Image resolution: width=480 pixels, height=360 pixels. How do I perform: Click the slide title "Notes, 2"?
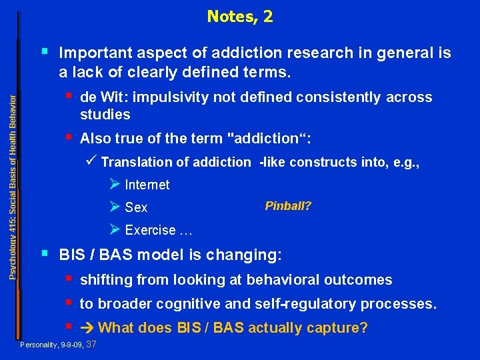click(239, 16)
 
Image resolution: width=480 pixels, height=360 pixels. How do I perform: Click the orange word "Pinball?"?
click(288, 206)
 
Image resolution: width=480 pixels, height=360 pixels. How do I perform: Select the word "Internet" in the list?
click(147, 185)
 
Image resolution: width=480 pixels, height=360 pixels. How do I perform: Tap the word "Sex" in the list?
click(136, 208)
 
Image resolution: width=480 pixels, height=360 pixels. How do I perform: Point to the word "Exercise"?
click(150, 231)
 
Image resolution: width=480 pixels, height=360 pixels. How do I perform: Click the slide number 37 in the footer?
click(92, 344)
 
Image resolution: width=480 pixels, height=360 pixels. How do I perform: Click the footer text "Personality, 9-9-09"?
click(52, 345)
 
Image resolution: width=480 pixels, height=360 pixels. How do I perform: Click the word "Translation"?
click(135, 162)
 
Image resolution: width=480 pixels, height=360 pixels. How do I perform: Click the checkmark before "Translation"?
click(93, 161)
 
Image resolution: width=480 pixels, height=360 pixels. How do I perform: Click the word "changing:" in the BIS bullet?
click(251, 255)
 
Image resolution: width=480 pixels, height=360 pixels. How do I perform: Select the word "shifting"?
click(104, 280)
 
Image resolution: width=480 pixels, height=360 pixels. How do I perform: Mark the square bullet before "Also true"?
click(70, 137)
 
